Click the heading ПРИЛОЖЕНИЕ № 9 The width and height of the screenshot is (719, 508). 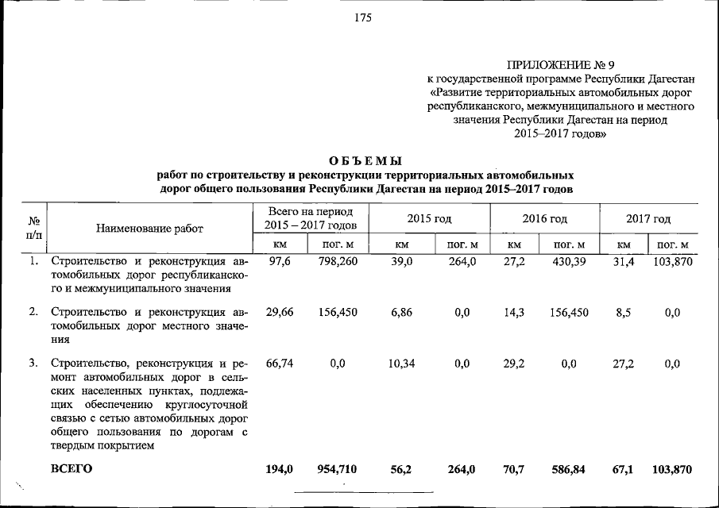[x=561, y=65]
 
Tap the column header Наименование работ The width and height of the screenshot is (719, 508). [x=149, y=229]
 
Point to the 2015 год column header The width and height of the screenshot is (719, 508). [x=429, y=218]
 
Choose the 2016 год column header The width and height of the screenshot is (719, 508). [x=544, y=218]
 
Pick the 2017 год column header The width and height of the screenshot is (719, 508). [x=647, y=218]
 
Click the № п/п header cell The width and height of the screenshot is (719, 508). [x=34, y=229]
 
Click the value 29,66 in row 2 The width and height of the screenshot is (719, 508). [x=280, y=313]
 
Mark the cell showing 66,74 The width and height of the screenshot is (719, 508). [x=280, y=364]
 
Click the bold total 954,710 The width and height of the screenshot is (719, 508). [x=337, y=470]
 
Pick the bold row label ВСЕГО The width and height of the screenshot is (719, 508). [x=72, y=469]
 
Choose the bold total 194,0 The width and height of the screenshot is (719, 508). [x=280, y=470]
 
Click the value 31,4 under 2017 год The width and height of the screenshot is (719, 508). [x=624, y=262]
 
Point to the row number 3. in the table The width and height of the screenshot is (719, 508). [x=34, y=364]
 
